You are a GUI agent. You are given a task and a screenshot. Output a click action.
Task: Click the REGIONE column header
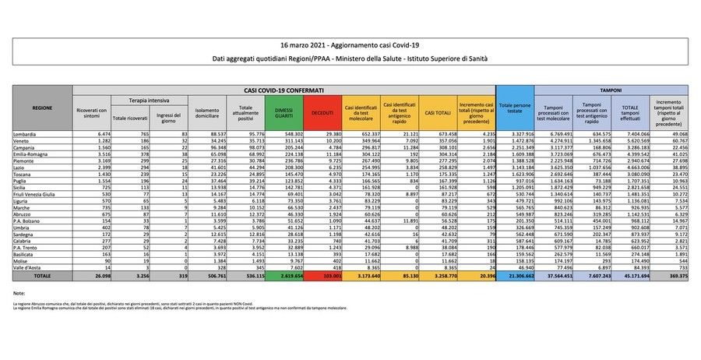[43, 108]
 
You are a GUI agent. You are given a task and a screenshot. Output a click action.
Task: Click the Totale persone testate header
[517, 108]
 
